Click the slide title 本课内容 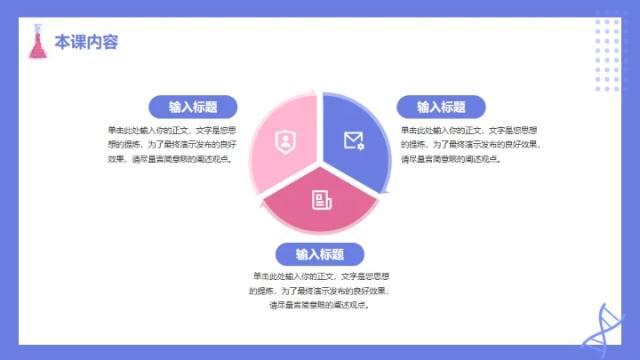(86, 42)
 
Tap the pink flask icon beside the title (37, 42)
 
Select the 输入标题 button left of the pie (193, 107)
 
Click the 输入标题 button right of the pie (441, 107)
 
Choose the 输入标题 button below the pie (320, 254)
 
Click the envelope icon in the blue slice (354, 140)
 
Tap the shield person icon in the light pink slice (284, 140)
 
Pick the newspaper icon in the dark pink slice (321, 199)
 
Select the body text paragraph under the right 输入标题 (469, 144)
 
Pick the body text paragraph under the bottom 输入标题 (320, 291)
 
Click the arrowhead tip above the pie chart (312, 90)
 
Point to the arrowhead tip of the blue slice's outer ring (386, 190)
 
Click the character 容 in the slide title (110, 42)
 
